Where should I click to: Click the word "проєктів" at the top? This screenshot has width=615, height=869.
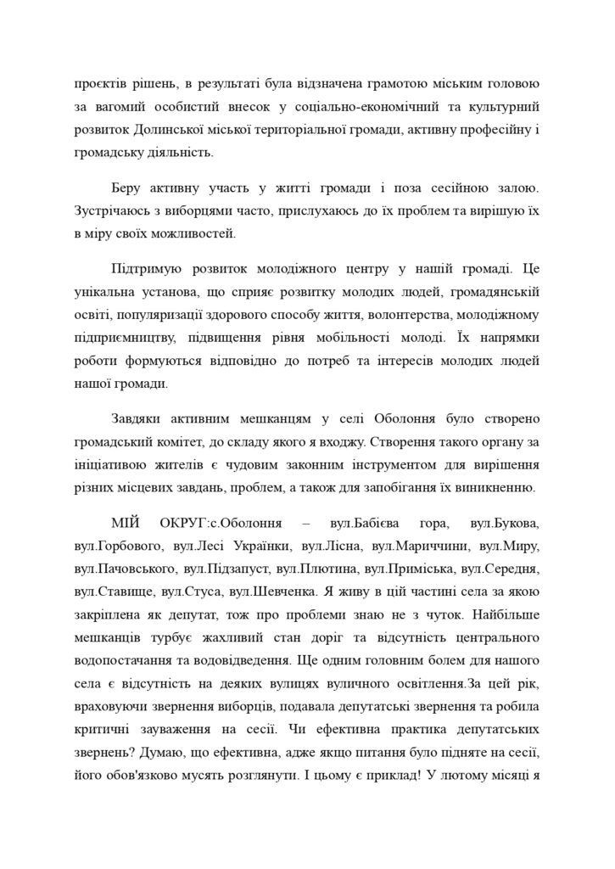(x=100, y=86)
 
